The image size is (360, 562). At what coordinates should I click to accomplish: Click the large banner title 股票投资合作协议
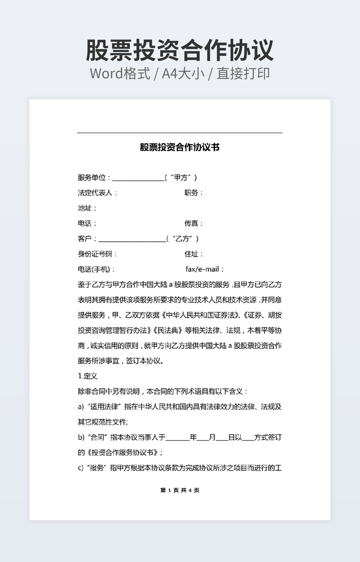180,51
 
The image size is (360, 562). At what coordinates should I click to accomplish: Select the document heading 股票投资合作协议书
180,147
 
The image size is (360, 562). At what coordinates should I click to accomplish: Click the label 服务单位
94,178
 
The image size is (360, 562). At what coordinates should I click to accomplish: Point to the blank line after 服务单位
138,179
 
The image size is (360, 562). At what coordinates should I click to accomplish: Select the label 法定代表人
97,193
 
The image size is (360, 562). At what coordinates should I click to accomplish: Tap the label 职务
193,193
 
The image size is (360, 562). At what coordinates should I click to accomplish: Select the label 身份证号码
97,254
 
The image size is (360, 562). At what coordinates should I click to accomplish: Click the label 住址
193,254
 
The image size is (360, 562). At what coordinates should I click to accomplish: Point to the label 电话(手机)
96,270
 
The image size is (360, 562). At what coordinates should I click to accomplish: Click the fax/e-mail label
204,270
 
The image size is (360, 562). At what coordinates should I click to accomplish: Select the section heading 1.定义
87,376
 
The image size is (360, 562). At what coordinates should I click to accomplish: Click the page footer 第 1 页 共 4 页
180,490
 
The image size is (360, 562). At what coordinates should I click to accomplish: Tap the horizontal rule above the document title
180,133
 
